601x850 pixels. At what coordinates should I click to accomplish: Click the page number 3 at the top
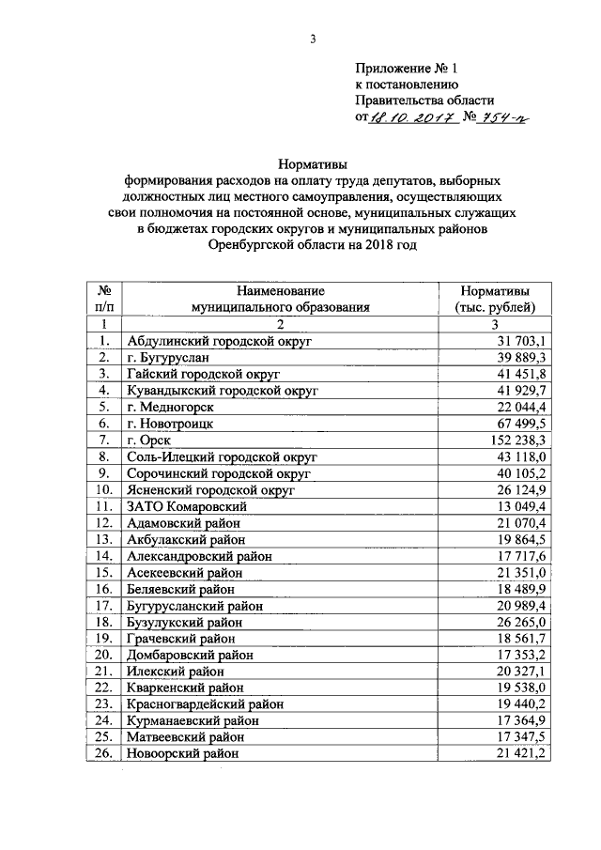(313, 39)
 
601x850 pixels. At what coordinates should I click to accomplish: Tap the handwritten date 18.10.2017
(410, 118)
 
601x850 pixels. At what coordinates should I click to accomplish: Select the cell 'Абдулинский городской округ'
(218, 340)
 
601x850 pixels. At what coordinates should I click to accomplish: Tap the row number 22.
(105, 688)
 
